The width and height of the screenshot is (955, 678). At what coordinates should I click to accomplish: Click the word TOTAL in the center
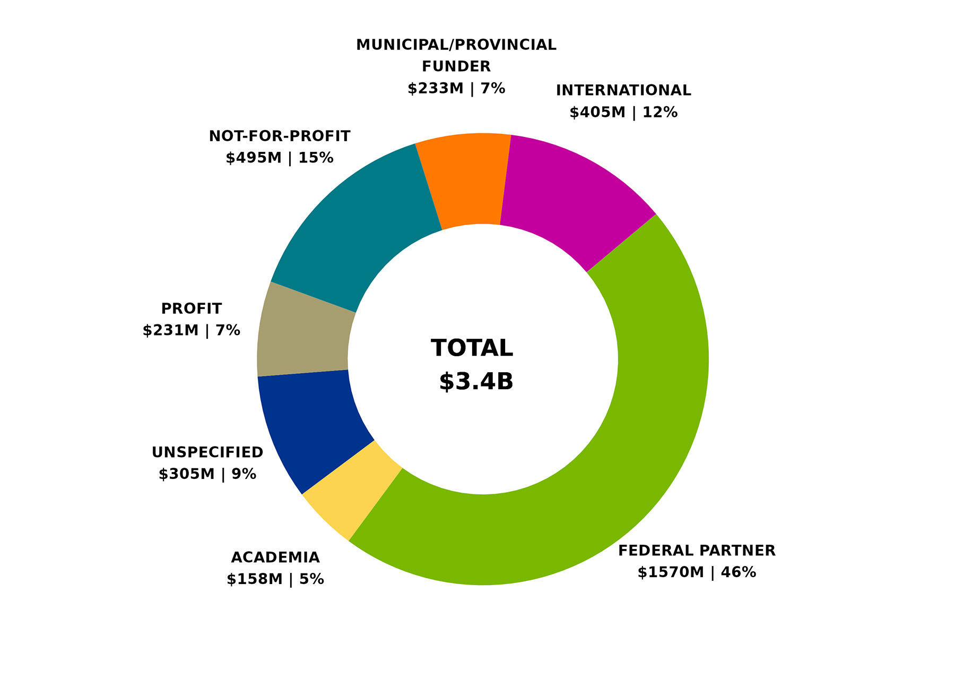[472, 348]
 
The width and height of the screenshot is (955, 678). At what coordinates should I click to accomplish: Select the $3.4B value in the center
[476, 381]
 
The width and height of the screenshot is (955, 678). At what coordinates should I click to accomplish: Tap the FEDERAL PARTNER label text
[697, 551]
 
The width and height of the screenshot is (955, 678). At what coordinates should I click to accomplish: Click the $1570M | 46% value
[697, 572]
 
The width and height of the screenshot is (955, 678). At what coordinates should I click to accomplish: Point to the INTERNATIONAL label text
[623, 90]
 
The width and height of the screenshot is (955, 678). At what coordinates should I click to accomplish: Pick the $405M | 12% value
[623, 113]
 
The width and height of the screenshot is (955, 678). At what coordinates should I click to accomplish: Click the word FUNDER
[456, 66]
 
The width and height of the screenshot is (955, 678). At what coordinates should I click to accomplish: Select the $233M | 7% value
[456, 88]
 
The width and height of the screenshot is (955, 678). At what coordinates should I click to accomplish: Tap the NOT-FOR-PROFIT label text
[280, 136]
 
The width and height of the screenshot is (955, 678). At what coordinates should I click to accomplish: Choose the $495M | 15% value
[280, 158]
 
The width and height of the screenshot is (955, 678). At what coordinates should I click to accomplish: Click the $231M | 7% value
[192, 331]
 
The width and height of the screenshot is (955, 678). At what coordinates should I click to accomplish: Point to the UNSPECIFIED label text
[207, 452]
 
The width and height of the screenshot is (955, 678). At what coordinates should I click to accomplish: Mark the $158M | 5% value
[275, 579]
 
